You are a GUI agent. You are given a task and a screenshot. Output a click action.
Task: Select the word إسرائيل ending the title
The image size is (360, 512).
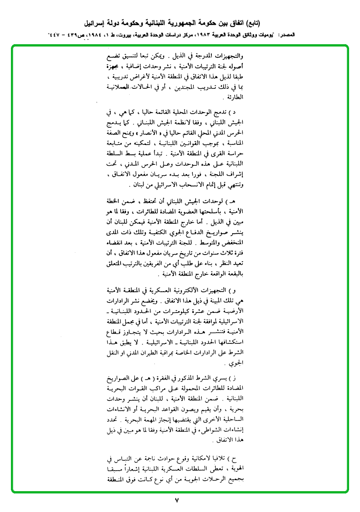96,23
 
